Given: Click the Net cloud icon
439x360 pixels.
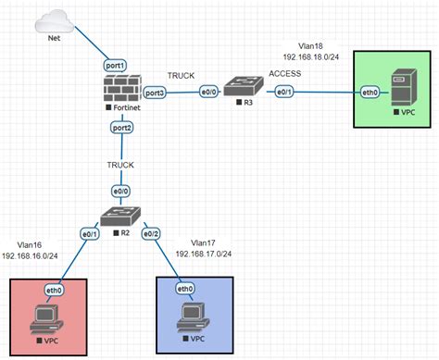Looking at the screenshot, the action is (55, 21).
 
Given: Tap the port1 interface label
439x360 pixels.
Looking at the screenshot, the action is (115, 66).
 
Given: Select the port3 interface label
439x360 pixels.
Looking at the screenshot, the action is (155, 93).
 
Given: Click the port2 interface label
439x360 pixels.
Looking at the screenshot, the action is (121, 128).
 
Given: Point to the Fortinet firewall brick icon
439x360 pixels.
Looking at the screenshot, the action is (123, 88).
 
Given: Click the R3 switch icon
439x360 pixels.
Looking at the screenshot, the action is (244, 86).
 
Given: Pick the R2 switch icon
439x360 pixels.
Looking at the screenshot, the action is (120, 216).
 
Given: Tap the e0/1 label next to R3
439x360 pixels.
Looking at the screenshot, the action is (284, 92).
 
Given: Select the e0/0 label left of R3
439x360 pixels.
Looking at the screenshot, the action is (208, 92).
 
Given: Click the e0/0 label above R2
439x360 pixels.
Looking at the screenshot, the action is (120, 192).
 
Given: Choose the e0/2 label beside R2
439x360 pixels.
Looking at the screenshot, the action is (151, 234).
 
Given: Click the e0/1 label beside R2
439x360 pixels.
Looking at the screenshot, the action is (90, 234).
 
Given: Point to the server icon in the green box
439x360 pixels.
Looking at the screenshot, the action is (404, 87).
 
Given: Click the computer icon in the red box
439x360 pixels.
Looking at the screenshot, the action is (46, 319).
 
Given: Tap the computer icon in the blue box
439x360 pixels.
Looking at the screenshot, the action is (194, 317).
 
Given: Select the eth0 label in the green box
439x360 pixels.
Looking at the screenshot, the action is (370, 93).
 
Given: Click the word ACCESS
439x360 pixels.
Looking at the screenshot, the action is (284, 73).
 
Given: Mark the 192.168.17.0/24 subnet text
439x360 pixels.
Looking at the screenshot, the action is (204, 254).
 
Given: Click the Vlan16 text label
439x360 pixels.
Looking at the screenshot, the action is (30, 245).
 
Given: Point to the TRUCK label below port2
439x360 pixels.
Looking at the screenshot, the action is (120, 165).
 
